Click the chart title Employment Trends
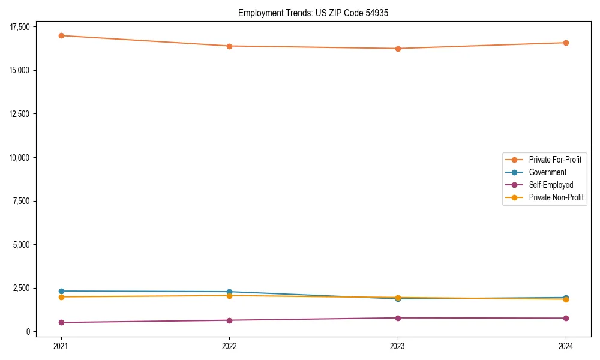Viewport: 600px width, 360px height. pyautogui.click(x=313, y=13)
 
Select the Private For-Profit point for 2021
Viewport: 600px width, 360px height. pyautogui.click(x=61, y=35)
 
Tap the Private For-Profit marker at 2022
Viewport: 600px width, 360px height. pyautogui.click(x=230, y=46)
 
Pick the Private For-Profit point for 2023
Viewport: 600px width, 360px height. pyautogui.click(x=398, y=49)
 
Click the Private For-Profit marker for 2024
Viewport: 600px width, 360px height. pyautogui.click(x=566, y=43)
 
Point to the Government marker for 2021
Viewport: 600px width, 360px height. pyautogui.click(x=61, y=291)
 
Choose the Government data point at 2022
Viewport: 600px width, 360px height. pyautogui.click(x=230, y=292)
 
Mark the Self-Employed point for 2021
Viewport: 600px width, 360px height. pyautogui.click(x=61, y=322)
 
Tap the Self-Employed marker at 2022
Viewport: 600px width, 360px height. pyautogui.click(x=230, y=320)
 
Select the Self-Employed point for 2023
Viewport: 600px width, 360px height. pyautogui.click(x=398, y=318)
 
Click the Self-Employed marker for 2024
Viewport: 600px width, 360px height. pyautogui.click(x=566, y=318)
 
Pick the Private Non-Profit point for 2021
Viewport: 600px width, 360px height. pyautogui.click(x=61, y=297)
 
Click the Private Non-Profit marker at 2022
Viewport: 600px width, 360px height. pyautogui.click(x=230, y=296)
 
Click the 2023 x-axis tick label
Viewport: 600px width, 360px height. pyautogui.click(x=398, y=346)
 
